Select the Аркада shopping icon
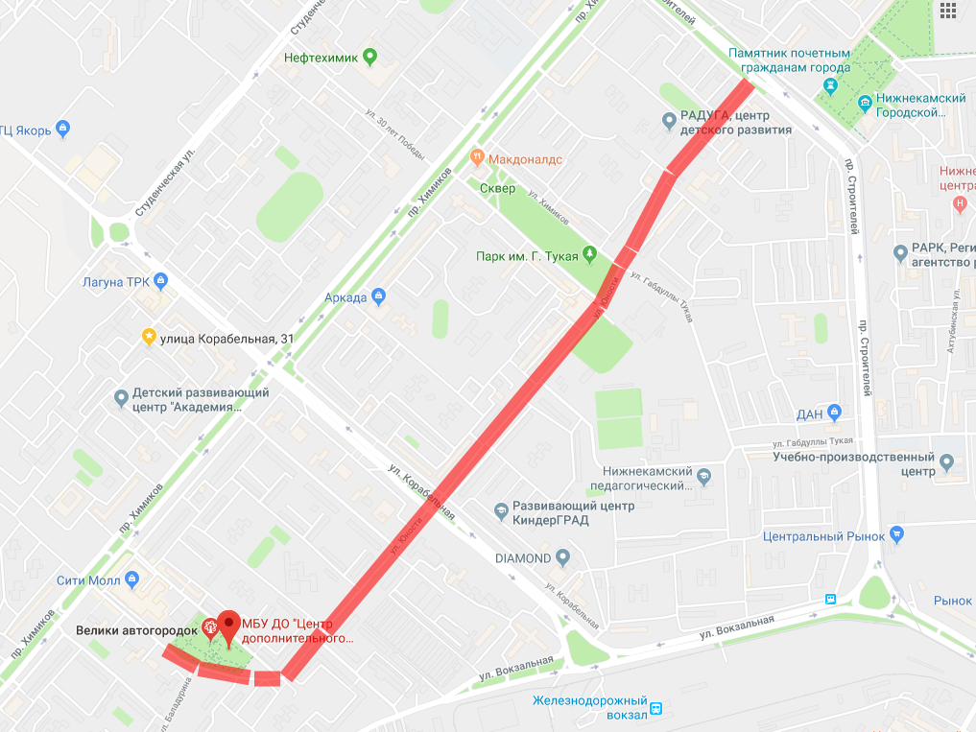click(380, 296)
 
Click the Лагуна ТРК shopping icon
click(161, 281)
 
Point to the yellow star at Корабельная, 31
click(149, 337)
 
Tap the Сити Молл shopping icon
click(133, 579)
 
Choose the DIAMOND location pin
click(563, 557)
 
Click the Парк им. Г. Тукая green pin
click(590, 255)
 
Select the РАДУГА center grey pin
click(669, 120)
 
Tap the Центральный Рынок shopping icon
click(897, 535)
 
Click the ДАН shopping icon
click(834, 413)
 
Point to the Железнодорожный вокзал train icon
click(656, 709)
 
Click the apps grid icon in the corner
click(948, 11)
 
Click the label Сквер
click(498, 188)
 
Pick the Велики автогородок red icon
click(211, 630)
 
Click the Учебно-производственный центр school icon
click(948, 464)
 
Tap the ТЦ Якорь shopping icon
click(63, 129)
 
